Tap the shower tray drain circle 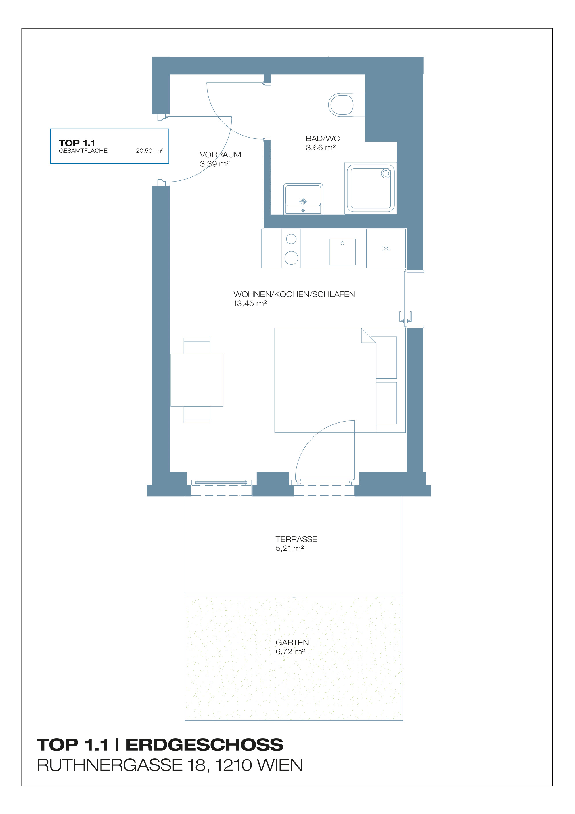(386, 174)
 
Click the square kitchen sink (342, 252)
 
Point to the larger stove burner (291, 258)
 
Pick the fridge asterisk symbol (386, 249)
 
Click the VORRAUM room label (220, 155)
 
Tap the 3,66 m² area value (320, 148)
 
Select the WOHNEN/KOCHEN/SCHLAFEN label (294, 294)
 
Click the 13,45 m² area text (250, 304)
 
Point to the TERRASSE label (296, 539)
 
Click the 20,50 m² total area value (149, 151)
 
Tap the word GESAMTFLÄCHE (83, 151)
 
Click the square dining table (197, 380)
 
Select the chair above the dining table (197, 345)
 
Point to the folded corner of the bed (367, 336)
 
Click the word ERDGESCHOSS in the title (204, 745)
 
